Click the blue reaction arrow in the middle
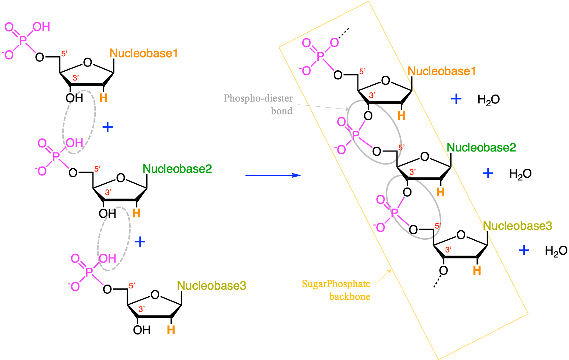point(273,175)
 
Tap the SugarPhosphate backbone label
point(336,290)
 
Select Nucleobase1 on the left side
point(143,53)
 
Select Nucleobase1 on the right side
point(441,71)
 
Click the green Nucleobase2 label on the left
point(177,169)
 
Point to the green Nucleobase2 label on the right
point(481,147)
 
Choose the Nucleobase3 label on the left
point(212,286)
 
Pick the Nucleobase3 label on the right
point(517,226)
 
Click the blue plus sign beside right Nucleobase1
point(456,99)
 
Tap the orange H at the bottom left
point(171,330)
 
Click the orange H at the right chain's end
point(477,271)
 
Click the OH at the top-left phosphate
point(41,27)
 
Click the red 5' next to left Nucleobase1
point(64,53)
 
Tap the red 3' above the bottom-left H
point(142,309)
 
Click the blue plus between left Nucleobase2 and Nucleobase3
point(140,242)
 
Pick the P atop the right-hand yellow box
point(320,56)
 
